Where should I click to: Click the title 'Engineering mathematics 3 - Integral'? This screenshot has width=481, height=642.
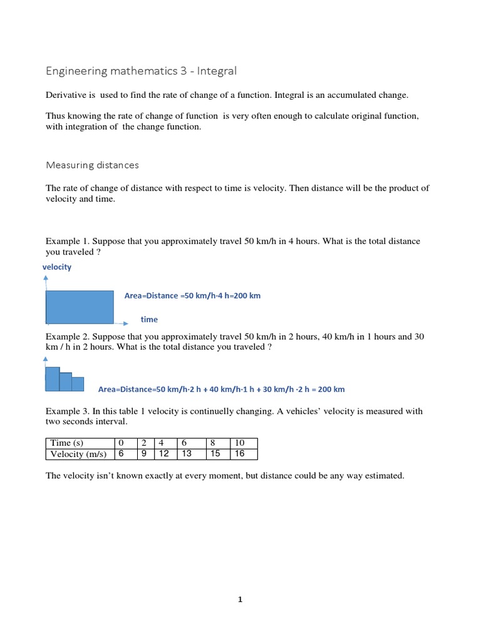pyautogui.click(x=141, y=71)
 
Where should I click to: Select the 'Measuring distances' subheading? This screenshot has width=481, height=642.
pyautogui.click(x=92, y=165)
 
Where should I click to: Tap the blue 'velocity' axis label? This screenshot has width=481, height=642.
pyautogui.click(x=57, y=266)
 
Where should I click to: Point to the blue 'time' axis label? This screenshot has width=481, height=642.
pyautogui.click(x=149, y=319)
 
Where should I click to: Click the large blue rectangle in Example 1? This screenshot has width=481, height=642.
pyautogui.click(x=80, y=307)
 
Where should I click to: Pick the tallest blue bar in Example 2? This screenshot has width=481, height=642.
pyautogui.click(x=53, y=379)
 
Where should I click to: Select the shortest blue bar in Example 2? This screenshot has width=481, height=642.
pyautogui.click(x=78, y=384)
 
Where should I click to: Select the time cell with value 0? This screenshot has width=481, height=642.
pyautogui.click(x=122, y=443)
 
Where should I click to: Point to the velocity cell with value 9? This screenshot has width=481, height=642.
pyautogui.click(x=144, y=454)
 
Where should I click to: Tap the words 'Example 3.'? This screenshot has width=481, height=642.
pyautogui.click(x=67, y=411)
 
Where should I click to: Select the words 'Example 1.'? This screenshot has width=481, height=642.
pyautogui.click(x=67, y=241)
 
